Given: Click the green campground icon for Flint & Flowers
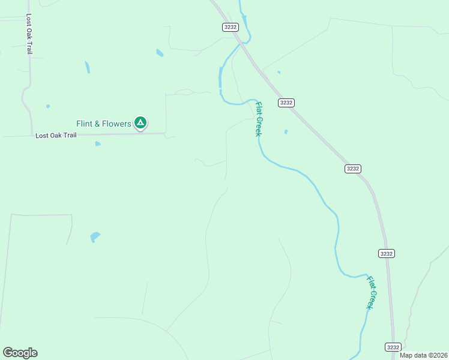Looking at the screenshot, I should [x=140, y=123].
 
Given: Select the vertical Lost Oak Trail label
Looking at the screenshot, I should [x=29, y=35].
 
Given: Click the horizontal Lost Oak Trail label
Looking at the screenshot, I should [x=56, y=136].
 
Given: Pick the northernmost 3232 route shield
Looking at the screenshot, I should [x=231, y=27].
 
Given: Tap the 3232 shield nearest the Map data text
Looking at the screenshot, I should [x=393, y=347].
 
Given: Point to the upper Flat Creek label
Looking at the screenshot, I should [x=258, y=118].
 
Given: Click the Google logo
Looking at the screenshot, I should [x=20, y=353].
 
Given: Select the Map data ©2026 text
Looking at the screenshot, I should [x=423, y=355].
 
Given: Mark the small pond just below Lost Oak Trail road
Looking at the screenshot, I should [x=97, y=143].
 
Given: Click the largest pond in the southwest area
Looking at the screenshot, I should [x=95, y=237].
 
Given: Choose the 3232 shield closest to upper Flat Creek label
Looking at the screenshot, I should [x=286, y=103].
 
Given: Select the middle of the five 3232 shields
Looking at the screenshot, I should [x=352, y=169].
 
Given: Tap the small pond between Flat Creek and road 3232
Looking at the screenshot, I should [x=286, y=131].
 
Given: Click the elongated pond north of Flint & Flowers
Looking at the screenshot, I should [x=88, y=67].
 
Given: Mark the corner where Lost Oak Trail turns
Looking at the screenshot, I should [x=32, y=134].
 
